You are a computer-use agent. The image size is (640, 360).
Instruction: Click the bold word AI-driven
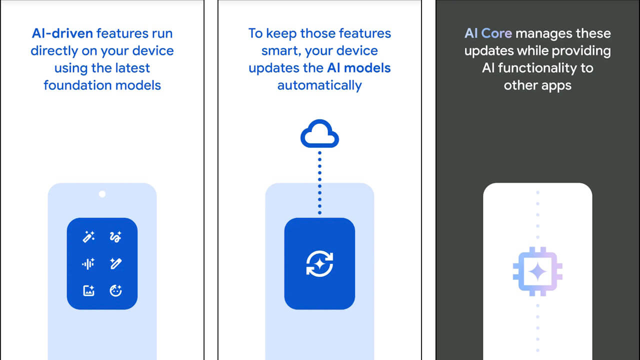click(62, 33)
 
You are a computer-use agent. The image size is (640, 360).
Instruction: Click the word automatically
click(319, 85)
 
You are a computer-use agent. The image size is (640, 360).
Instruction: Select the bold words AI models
click(358, 68)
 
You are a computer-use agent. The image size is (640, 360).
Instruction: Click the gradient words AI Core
click(488, 33)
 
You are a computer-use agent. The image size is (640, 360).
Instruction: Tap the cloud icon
click(319, 133)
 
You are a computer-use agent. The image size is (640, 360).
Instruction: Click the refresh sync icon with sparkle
click(319, 263)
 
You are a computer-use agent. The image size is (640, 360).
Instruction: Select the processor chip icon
click(537, 271)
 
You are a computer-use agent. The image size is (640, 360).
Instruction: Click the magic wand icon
click(88, 237)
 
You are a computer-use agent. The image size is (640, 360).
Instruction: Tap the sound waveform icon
click(88, 263)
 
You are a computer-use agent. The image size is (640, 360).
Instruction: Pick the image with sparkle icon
click(88, 290)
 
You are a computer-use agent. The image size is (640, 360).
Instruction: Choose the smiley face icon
click(115, 290)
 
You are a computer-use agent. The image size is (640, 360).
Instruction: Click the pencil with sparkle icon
click(115, 263)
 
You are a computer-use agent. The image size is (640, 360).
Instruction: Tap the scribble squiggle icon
click(115, 237)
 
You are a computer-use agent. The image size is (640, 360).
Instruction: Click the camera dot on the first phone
click(102, 194)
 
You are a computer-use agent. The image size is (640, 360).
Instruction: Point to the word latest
click(132, 68)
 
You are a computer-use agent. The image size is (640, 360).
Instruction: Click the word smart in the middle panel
click(281, 51)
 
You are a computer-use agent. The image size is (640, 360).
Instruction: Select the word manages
click(543, 34)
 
